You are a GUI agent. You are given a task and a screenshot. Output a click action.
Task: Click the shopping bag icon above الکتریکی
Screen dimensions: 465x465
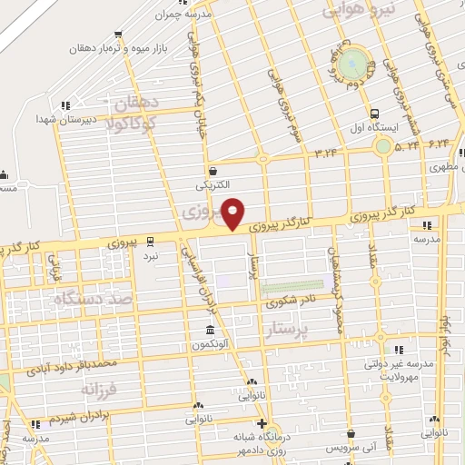213,170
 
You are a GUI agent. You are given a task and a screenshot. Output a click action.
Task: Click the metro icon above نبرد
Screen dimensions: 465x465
152,241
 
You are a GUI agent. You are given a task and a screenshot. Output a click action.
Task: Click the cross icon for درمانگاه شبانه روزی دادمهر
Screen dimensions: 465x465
262,424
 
